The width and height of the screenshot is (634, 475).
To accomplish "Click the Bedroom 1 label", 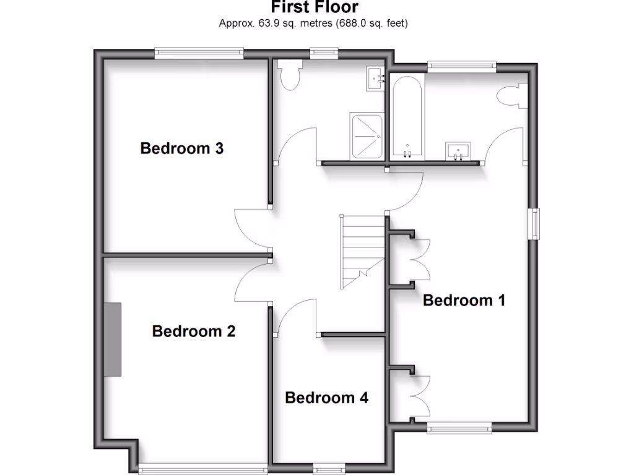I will pyautogui.click(x=464, y=301).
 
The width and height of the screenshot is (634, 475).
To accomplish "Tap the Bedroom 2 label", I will pyautogui.click(x=193, y=332).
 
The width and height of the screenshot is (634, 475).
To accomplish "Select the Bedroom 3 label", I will pyautogui.click(x=181, y=148).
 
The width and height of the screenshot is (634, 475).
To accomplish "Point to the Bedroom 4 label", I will pyautogui.click(x=326, y=398).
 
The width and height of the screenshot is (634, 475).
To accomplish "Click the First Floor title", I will pyautogui.click(x=315, y=8).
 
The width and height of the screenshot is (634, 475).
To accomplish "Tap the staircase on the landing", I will pyautogui.click(x=362, y=250).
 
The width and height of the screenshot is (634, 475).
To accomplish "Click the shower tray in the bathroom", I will pyautogui.click(x=367, y=135).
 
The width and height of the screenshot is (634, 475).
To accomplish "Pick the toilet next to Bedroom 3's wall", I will pyautogui.click(x=290, y=74).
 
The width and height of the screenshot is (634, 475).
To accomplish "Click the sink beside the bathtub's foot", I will pyautogui.click(x=458, y=150).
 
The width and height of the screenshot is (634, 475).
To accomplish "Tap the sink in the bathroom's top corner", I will pyautogui.click(x=376, y=78).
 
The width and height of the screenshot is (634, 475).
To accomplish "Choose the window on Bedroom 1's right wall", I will pyautogui.click(x=533, y=223).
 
